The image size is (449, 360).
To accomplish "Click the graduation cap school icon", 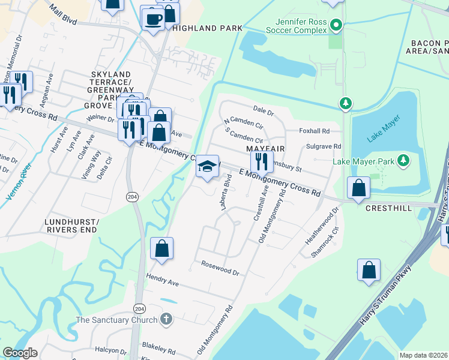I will click(x=206, y=166).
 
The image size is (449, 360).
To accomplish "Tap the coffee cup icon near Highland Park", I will click(x=152, y=18).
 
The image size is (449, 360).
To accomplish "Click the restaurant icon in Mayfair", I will click(x=262, y=161).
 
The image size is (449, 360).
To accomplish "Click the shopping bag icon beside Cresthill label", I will click(x=358, y=188).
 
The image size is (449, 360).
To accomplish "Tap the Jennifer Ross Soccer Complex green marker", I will click(x=336, y=26).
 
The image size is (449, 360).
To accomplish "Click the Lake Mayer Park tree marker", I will click(x=404, y=161).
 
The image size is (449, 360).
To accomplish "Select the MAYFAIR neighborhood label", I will click(x=265, y=148).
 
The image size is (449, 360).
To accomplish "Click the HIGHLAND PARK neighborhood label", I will click(x=207, y=28).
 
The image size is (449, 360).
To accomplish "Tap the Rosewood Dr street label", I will click(x=220, y=268).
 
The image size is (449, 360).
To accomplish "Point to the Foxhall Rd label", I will click(x=315, y=131).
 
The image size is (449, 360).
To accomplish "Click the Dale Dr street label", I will click(x=263, y=112).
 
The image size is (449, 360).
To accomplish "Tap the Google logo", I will click(x=20, y=353).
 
